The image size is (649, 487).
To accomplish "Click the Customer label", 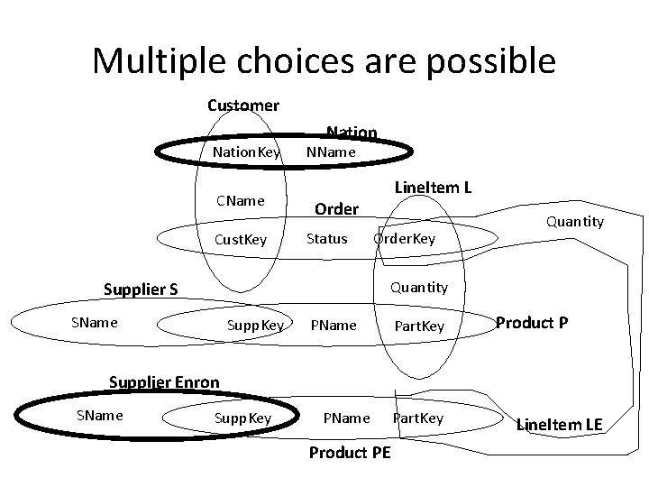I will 243,106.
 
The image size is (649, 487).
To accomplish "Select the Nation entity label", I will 352,133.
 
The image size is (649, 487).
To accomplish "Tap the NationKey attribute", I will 246,152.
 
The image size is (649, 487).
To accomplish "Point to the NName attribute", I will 332,152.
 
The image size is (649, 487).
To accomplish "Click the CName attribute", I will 239,200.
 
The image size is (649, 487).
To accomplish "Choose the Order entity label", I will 336,209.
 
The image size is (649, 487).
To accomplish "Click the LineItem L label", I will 434,188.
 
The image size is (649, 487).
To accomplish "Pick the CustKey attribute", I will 242,239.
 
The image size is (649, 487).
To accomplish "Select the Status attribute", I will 326,239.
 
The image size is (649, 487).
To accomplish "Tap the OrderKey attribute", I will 405,239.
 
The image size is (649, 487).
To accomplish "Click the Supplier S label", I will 141,289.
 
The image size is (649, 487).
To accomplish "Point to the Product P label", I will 532,323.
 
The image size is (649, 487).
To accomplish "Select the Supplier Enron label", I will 164,381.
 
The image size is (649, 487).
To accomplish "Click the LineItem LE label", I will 559,424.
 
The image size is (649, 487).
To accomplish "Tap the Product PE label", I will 350,453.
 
